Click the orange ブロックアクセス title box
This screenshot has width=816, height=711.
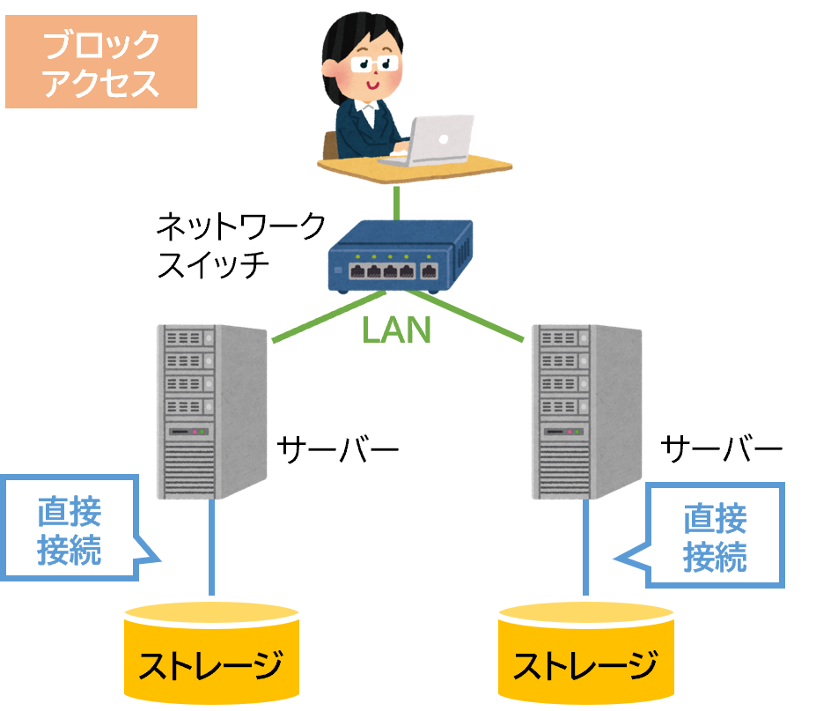coord(100,61)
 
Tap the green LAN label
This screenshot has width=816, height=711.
coord(396,330)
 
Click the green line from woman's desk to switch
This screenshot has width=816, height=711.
coord(397,202)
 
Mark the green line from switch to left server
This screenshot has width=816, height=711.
coord(326,316)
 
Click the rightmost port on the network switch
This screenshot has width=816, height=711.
coord(429,271)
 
